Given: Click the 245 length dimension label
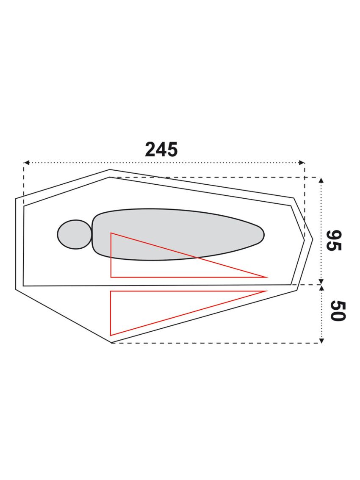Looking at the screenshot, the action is tap(161, 150).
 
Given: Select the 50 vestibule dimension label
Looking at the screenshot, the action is tap(338, 311).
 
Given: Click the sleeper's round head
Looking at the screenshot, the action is tap(75, 234).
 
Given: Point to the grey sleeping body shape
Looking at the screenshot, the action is tap(178, 234).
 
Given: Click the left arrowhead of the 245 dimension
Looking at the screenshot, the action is tap(26, 162).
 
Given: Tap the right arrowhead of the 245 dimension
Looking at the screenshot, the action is tap(302, 162).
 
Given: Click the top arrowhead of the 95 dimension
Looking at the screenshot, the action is tap(321, 180).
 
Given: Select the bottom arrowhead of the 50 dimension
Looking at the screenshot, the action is tap(321, 341).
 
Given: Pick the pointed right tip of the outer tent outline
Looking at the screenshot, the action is tap(313, 239).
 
